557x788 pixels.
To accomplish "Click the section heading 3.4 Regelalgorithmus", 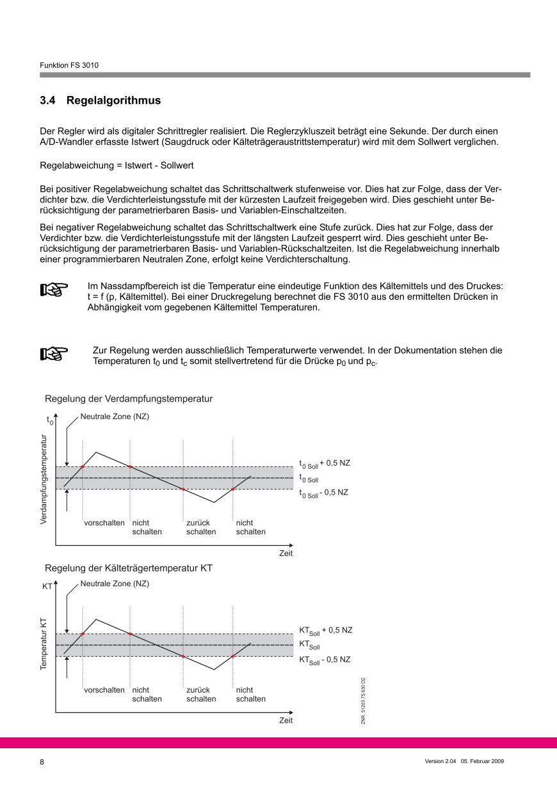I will click(x=100, y=101).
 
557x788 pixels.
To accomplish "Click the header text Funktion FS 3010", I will click(x=69, y=65).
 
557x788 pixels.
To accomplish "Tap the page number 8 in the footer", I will click(x=42, y=762).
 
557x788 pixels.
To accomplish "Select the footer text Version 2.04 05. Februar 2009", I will click(x=464, y=761).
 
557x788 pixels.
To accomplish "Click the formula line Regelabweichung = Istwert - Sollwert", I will click(x=117, y=165).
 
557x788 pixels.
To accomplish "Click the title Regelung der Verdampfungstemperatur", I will click(x=128, y=398).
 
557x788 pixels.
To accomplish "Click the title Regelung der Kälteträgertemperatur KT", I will click(x=129, y=568).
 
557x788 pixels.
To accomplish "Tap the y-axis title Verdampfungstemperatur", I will click(x=44, y=479).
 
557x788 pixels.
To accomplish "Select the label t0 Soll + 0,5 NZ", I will click(x=325, y=463).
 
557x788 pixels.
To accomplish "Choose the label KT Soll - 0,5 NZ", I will click(x=324, y=660).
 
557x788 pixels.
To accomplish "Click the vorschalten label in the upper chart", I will click(x=104, y=523).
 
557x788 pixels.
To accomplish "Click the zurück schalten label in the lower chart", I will click(x=201, y=694).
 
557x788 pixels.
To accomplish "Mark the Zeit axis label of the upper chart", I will click(x=286, y=554).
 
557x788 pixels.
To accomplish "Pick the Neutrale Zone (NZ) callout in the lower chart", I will click(x=115, y=584).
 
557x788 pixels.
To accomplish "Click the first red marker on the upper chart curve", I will click(x=83, y=466).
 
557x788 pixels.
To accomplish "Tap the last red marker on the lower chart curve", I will click(x=233, y=656).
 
